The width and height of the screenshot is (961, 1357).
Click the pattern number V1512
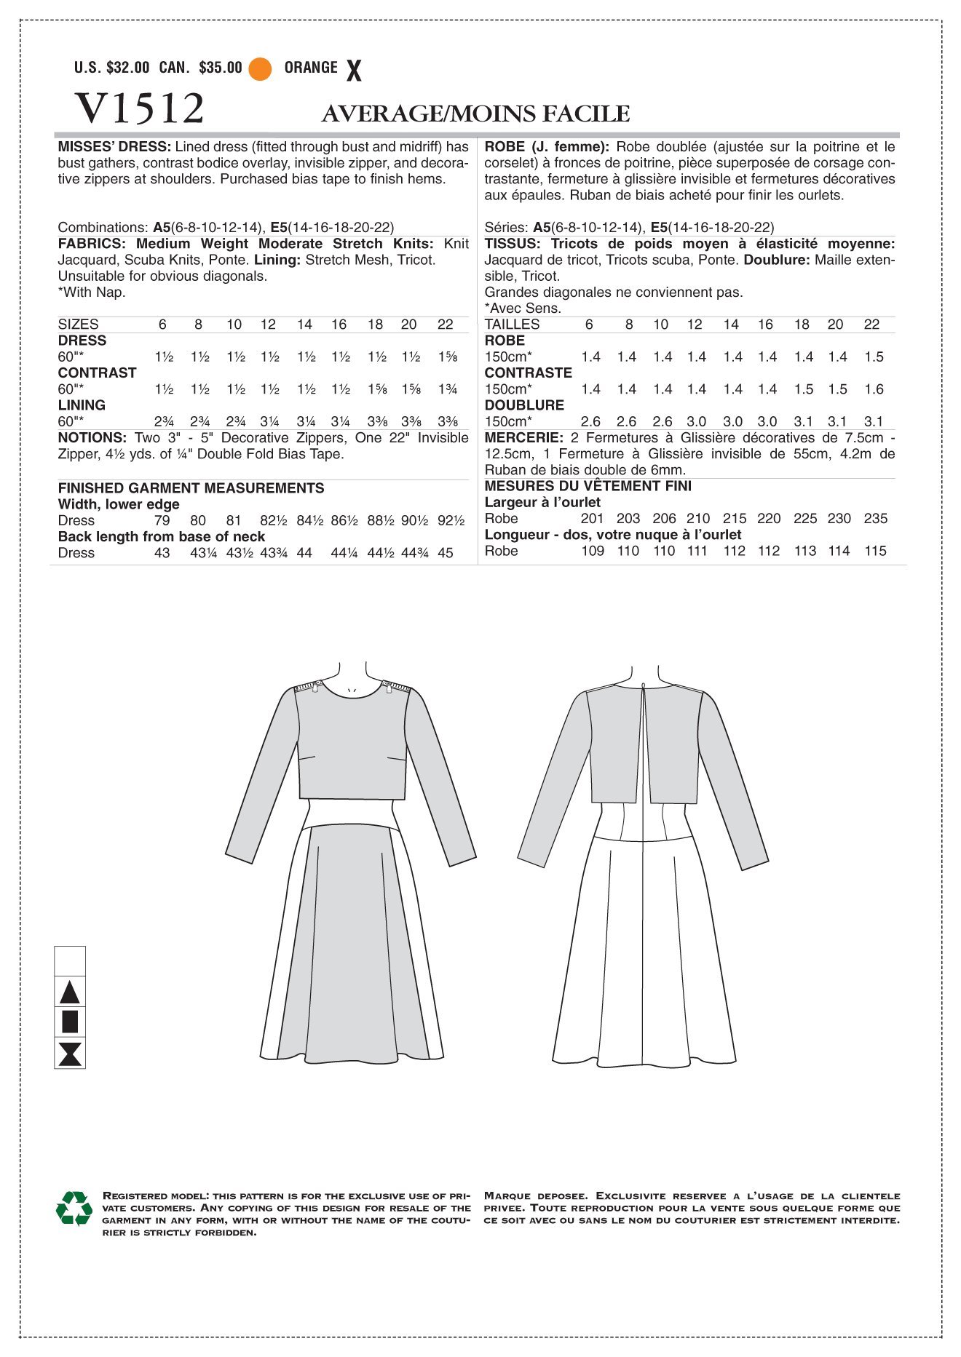139,109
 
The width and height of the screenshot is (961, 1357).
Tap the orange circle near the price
260,68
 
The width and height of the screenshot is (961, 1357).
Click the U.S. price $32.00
127,68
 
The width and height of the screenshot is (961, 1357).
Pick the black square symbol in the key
70,1022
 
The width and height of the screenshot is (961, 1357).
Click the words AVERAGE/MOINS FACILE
475,114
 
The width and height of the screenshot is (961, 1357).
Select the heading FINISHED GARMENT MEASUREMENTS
191,488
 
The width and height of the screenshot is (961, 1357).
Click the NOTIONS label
92,438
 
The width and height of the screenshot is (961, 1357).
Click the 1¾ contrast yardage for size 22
447,389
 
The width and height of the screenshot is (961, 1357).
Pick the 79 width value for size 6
162,520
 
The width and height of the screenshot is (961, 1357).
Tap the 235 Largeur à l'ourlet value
876,519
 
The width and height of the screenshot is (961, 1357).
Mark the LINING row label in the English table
82,405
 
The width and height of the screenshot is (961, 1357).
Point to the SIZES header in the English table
78,325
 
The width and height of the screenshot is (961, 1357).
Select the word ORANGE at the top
311,68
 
